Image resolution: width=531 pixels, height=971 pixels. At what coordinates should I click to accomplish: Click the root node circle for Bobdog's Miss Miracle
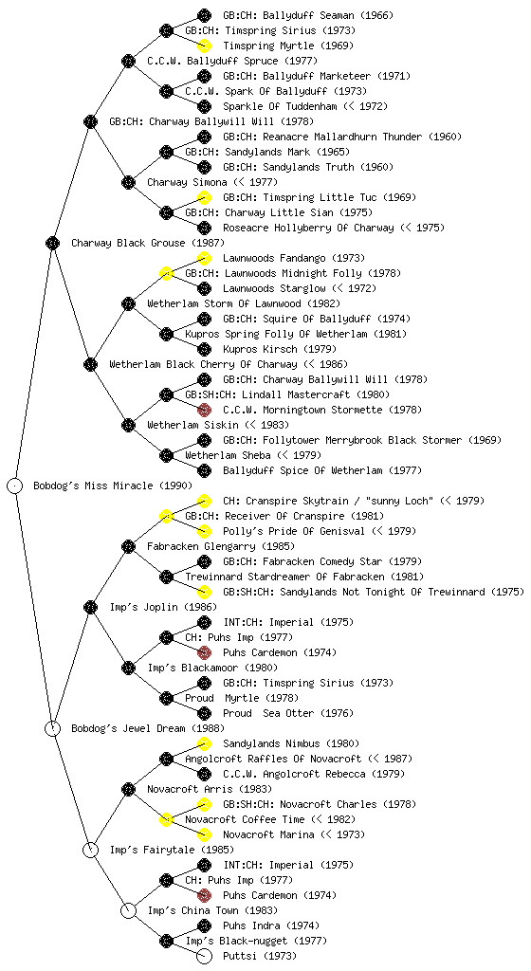point(15,485)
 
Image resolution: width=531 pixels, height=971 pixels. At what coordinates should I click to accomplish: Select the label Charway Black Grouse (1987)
point(148,243)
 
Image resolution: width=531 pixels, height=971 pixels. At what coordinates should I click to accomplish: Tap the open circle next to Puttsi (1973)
point(204,956)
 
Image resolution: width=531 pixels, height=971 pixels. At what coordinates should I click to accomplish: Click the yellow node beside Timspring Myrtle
point(204,46)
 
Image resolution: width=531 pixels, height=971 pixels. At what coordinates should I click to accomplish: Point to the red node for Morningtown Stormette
point(204,410)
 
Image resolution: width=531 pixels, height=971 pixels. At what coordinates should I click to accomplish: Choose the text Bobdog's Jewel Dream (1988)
point(148,728)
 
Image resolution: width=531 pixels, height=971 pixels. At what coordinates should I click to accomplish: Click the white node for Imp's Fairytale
point(90,850)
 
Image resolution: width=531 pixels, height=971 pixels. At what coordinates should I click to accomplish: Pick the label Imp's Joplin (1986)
point(153,607)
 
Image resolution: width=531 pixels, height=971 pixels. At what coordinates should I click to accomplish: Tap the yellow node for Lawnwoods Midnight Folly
point(166,273)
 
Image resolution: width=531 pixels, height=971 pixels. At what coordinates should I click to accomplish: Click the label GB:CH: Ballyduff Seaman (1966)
point(308,15)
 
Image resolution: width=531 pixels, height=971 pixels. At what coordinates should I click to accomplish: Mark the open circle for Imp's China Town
point(128,910)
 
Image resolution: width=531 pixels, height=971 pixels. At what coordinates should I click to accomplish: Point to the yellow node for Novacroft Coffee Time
point(166,819)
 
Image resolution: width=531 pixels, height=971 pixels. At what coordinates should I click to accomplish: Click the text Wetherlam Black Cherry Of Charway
point(203,364)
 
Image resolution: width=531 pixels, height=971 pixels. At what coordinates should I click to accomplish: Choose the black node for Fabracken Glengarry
point(128,546)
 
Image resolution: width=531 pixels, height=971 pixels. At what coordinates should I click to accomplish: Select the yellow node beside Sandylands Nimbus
point(204,743)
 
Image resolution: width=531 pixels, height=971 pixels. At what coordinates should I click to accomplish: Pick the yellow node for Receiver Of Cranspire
point(166,516)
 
